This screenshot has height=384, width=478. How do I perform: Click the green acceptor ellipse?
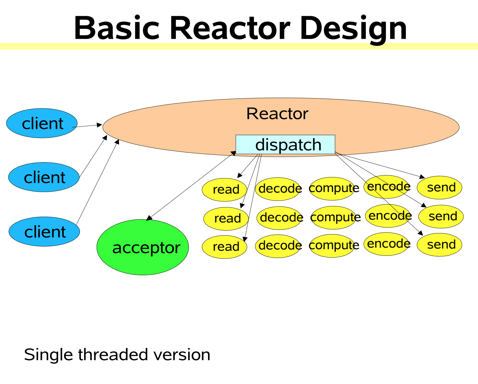click(x=143, y=247)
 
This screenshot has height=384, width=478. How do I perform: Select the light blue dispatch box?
click(x=285, y=144)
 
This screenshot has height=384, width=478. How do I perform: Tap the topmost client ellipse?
click(x=42, y=123)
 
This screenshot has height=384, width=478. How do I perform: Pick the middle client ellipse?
click(x=44, y=177)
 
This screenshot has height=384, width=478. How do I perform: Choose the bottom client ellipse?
click(x=44, y=232)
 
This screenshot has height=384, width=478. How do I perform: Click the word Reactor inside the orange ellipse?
click(x=277, y=114)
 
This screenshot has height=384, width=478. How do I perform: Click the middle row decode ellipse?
click(x=279, y=218)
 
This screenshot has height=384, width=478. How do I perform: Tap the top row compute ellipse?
click(x=332, y=189)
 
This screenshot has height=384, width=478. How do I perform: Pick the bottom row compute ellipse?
click(x=332, y=246)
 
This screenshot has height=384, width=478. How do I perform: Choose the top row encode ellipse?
click(x=387, y=187)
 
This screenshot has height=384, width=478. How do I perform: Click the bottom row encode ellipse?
click(x=387, y=244)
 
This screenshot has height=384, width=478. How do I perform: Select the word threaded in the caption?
click(x=113, y=354)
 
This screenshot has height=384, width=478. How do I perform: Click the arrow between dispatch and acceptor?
click(x=191, y=186)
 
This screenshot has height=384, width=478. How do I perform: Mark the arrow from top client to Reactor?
click(x=87, y=126)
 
